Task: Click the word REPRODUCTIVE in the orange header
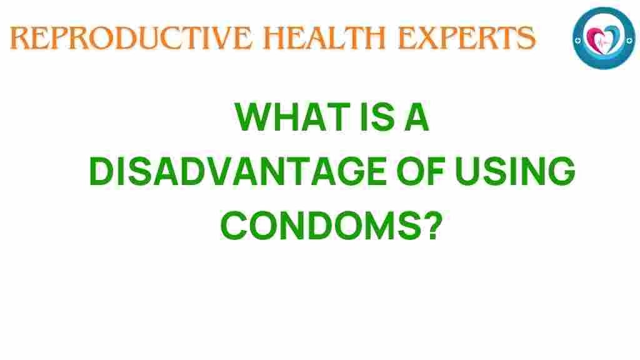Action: pos(131,38)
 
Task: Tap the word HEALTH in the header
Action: pos(325,38)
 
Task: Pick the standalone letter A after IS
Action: pos(417,117)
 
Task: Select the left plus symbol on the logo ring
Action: pos(577,41)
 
